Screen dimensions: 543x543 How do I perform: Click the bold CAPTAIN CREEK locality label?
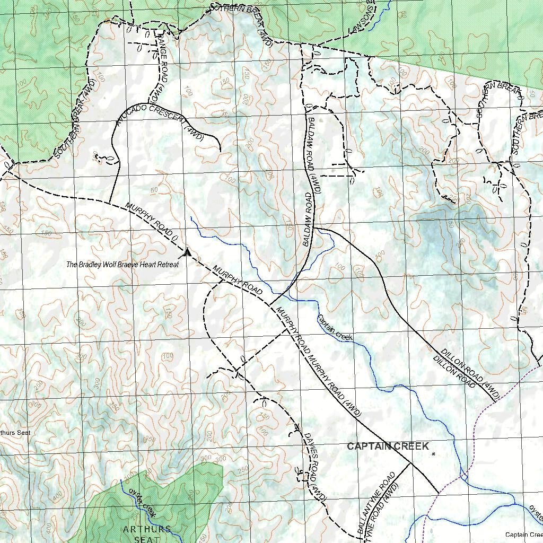tap(388, 446)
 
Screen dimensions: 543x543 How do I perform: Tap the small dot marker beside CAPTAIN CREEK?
tap(433, 454)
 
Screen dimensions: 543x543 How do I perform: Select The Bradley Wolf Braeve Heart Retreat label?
tap(122, 264)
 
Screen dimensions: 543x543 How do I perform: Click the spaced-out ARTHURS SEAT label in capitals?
tap(147, 533)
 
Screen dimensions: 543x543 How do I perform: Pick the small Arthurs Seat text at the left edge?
tap(15, 433)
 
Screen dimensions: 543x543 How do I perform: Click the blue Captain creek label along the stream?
tap(335, 328)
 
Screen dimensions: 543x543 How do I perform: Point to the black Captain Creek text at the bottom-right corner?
tap(523, 535)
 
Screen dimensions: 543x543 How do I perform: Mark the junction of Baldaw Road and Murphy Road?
tap(269, 306)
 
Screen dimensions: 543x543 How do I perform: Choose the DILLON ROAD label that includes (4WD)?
tap(470, 373)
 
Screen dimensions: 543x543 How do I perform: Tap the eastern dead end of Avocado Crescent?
tap(220, 151)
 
